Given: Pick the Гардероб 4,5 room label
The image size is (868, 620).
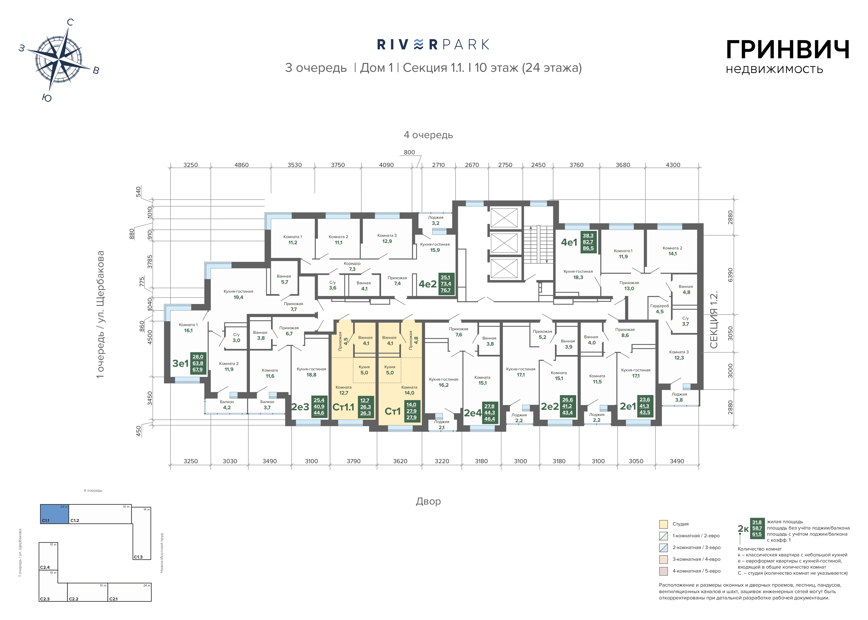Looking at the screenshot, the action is point(660,308).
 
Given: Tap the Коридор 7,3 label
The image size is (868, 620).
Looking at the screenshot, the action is point(352,266).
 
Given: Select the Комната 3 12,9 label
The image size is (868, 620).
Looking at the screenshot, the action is point(387,238).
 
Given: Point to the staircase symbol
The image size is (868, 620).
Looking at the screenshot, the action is point(538,244).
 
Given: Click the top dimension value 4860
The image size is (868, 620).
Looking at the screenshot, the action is point(241,165).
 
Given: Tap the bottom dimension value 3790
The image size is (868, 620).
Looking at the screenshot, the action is point(353,461).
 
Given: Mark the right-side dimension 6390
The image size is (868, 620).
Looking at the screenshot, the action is point(730,274).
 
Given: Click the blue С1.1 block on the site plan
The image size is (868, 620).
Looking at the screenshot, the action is point(55,514).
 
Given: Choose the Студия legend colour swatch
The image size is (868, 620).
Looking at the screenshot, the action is point(663,524).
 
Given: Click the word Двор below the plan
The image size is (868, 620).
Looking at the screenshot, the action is point(428,501).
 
